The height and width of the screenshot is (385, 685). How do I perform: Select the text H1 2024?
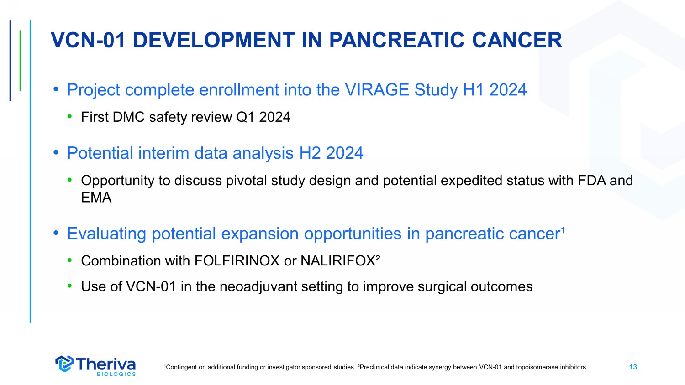[495, 90]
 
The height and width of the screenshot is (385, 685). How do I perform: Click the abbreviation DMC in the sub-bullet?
[129, 117]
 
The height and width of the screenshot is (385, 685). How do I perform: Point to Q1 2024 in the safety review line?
[263, 117]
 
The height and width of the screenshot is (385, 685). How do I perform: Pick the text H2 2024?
[331, 153]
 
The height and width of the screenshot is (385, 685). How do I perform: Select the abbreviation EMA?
[96, 198]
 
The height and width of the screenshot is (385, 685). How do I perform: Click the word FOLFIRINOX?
[237, 261]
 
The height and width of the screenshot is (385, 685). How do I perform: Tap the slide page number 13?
[633, 367]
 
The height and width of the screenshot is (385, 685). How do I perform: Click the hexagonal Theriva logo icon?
[64, 364]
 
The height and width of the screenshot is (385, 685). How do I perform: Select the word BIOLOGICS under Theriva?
[116, 374]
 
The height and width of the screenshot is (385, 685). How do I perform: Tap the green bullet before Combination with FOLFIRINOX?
[70, 260]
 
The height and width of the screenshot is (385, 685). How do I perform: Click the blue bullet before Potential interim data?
[56, 152]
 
